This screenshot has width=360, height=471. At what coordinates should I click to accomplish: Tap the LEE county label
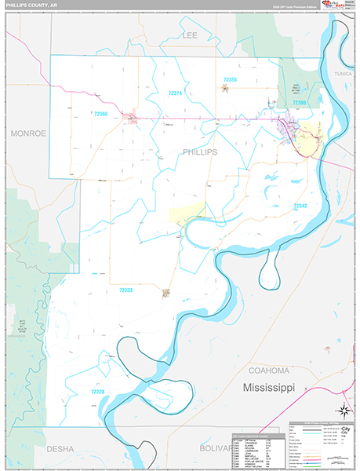pyautogui.click(x=190, y=35)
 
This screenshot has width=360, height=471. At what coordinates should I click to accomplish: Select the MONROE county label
pyautogui.click(x=28, y=133)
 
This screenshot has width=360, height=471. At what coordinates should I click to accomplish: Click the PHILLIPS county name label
pyautogui.click(x=199, y=152)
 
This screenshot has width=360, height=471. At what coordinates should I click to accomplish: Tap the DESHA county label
pyautogui.click(x=60, y=449)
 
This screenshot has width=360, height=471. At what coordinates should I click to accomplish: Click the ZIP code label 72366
pyautogui.click(x=100, y=115)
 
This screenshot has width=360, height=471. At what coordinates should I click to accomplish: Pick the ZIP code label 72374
pyautogui.click(x=176, y=93)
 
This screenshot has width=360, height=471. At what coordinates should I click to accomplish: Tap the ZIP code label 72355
pyautogui.click(x=230, y=79)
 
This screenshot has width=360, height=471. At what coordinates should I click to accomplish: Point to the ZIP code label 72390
pyautogui.click(x=300, y=103)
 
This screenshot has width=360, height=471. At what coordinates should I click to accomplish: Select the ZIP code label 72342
pyautogui.click(x=300, y=206)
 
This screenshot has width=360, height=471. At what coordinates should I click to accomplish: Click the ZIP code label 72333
pyautogui.click(x=125, y=290)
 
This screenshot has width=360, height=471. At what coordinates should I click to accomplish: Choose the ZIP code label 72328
pyautogui.click(x=97, y=391)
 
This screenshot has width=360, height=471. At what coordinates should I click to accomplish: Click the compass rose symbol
pyautogui.click(x=342, y=410)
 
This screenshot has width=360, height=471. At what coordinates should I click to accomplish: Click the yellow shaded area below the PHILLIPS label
pyautogui.click(x=187, y=213)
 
